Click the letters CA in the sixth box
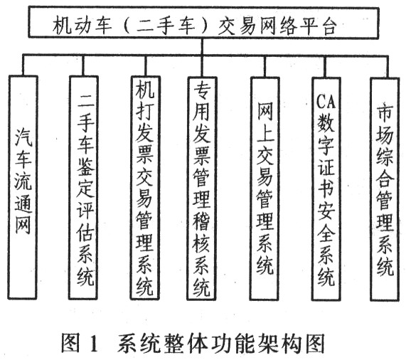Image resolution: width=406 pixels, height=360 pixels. coord(326,101)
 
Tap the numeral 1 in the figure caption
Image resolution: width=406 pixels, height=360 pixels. coord(93,344)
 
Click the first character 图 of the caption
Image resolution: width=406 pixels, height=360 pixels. coord(70,344)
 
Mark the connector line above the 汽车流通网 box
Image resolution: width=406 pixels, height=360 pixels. coord(23,65)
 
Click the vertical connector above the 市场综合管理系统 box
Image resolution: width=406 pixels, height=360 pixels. coord(388,67)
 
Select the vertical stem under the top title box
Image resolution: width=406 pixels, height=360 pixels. coord(202,47)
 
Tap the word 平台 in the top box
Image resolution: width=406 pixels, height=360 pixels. coord(324,26)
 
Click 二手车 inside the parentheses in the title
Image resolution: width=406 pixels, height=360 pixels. coord(166,26)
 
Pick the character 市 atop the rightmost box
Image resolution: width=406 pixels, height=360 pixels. coord(385,112)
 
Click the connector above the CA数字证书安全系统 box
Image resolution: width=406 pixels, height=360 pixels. coord(326,67)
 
